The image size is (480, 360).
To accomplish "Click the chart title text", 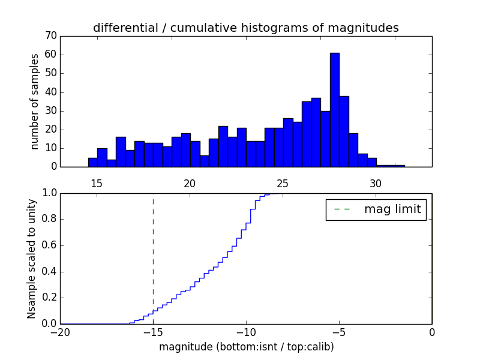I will tap(246, 28).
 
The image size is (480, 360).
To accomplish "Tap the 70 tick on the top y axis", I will tap(50, 36).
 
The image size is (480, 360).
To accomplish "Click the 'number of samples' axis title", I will tap(35, 101).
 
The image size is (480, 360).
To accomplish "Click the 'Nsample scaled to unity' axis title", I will tap(32, 259).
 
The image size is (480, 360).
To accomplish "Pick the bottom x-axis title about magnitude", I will tap(246, 347).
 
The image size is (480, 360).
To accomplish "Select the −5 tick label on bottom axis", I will tap(339, 332).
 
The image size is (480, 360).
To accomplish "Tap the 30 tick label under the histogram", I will tap(376, 184).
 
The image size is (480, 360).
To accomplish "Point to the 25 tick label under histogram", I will tap(283, 184).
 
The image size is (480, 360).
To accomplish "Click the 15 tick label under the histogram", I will tap(97, 184).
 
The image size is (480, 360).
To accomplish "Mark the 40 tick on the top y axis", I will tap(50, 92).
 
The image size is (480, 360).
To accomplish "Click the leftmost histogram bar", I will tap(92, 162).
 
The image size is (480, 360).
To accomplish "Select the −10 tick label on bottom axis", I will tap(246, 332).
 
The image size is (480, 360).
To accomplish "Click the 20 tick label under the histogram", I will tap(190, 184).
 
